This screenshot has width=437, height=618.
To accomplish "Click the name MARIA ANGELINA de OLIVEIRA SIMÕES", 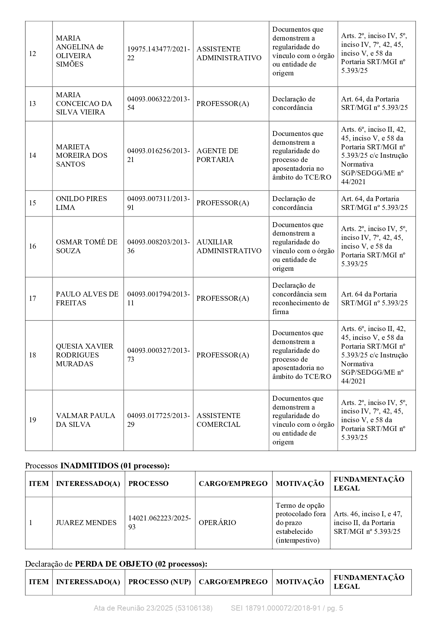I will tap(80, 51).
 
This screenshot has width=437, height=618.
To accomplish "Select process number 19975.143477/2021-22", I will tap(158, 54).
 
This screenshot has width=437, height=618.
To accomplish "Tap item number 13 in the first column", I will tap(32, 104).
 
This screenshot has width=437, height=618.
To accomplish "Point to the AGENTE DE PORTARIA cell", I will tap(217, 155).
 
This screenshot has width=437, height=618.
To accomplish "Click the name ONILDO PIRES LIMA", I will tap(81, 203).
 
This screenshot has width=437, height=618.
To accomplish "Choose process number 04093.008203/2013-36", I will tap(158, 246).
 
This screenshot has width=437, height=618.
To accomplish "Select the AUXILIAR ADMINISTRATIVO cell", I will tap(229, 246).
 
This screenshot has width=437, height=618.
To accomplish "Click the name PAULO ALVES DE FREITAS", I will tap(87, 299).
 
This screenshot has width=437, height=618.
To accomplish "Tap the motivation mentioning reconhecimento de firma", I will tap(301, 299).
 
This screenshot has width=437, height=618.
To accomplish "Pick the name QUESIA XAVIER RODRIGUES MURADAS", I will tap(85, 355).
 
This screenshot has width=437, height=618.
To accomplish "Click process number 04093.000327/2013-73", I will tap(158, 355).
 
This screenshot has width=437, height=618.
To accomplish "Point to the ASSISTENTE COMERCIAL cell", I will tap(218, 420).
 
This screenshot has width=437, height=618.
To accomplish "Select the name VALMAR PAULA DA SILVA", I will tap(86, 420).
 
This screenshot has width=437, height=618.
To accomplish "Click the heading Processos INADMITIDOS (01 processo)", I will tap(97, 466).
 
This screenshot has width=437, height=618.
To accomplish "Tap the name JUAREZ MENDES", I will tap(86, 523).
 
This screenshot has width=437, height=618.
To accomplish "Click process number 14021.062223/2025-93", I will tap(159, 523).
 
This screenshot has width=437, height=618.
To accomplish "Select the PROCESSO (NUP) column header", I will tap(159, 582).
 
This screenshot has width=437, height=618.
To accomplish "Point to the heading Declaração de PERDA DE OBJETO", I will tap(116, 564).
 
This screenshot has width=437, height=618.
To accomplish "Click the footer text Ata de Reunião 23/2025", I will tap(153, 608).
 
